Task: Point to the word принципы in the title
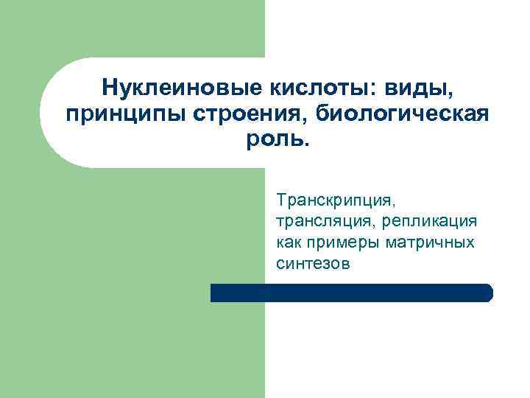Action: coord(111,115)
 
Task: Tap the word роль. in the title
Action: coord(278,140)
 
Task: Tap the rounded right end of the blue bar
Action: coord(487,293)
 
